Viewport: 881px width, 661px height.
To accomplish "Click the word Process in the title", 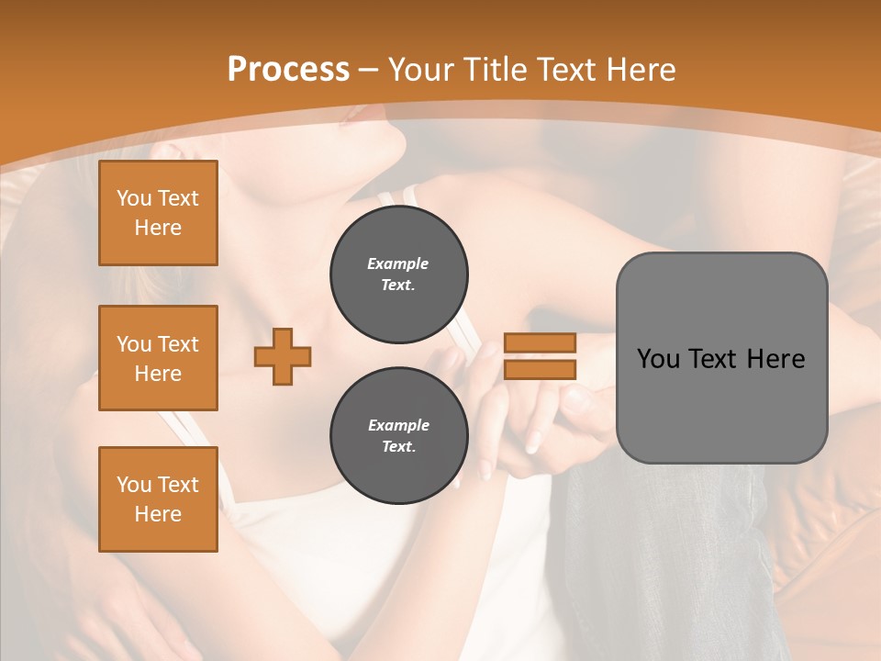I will point(288,70).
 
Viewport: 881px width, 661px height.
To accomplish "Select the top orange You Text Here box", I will point(158,213).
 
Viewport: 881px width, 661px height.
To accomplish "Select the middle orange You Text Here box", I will point(158,358).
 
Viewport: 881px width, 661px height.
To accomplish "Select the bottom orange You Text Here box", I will point(158,499).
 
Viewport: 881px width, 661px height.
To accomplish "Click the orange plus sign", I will point(283,357).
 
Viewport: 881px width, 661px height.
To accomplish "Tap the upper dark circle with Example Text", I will point(398,274).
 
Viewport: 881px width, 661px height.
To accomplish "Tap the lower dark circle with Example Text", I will point(398,436).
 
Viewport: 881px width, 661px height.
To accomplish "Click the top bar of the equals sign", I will point(540,342).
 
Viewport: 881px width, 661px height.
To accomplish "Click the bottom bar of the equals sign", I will point(540,369).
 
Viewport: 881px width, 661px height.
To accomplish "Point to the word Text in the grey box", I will point(716,359).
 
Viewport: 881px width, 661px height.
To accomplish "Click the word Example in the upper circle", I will point(398,263).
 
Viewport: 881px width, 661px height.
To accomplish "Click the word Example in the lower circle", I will point(398,425).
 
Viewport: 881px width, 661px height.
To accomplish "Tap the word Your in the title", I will point(421,70).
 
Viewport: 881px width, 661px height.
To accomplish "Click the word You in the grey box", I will point(659,359).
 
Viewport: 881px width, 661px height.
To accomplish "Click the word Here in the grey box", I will point(776,359).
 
